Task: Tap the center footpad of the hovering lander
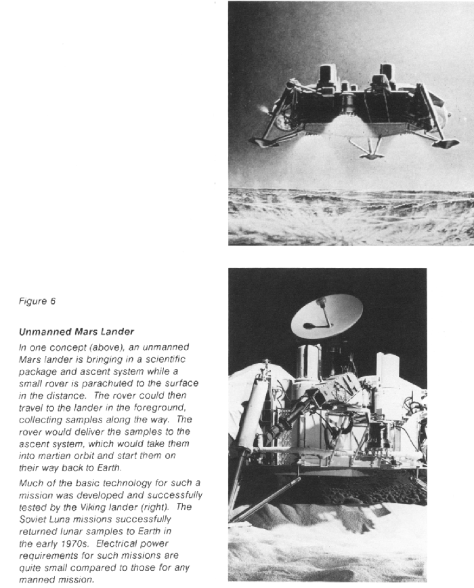tap(372, 155)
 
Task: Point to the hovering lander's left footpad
tap(260, 140)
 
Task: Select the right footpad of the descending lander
tap(446, 142)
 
